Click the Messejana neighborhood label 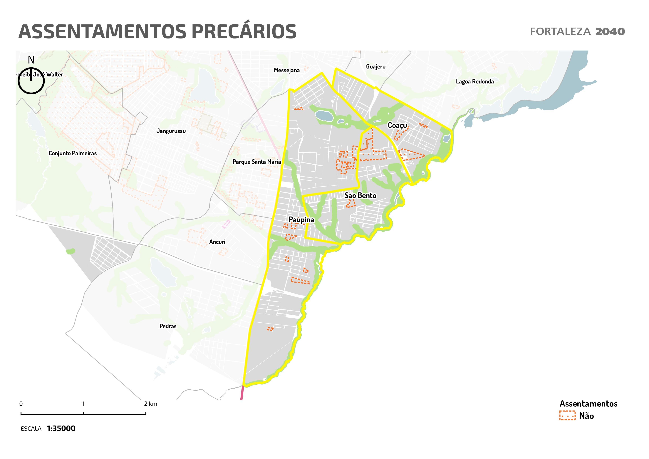(x=287, y=70)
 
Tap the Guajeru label (x=376, y=67)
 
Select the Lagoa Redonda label (x=475, y=82)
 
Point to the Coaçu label (x=397, y=125)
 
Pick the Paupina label (x=301, y=220)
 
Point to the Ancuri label (x=217, y=242)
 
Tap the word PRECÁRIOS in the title (x=244, y=32)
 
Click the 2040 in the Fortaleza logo (x=610, y=32)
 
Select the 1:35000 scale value (x=61, y=428)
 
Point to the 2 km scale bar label (x=150, y=404)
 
